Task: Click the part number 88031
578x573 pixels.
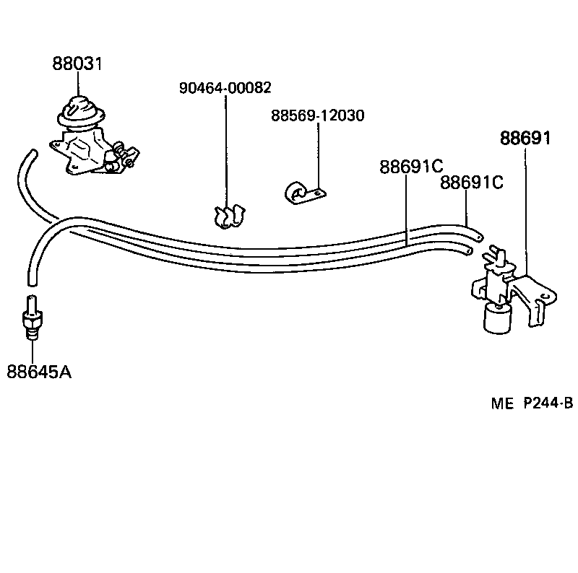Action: tap(77, 64)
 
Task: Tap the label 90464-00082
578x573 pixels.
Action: tap(225, 88)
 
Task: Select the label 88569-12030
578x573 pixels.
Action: tap(317, 115)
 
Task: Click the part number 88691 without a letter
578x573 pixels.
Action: tap(525, 138)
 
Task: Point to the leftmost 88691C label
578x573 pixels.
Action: tap(410, 167)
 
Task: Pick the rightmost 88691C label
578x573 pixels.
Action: tap(472, 183)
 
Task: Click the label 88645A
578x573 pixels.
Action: tap(39, 372)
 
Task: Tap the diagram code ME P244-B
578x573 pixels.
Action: tap(532, 404)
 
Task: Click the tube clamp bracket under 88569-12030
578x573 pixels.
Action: tap(303, 193)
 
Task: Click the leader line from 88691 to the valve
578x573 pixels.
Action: tap(525, 209)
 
